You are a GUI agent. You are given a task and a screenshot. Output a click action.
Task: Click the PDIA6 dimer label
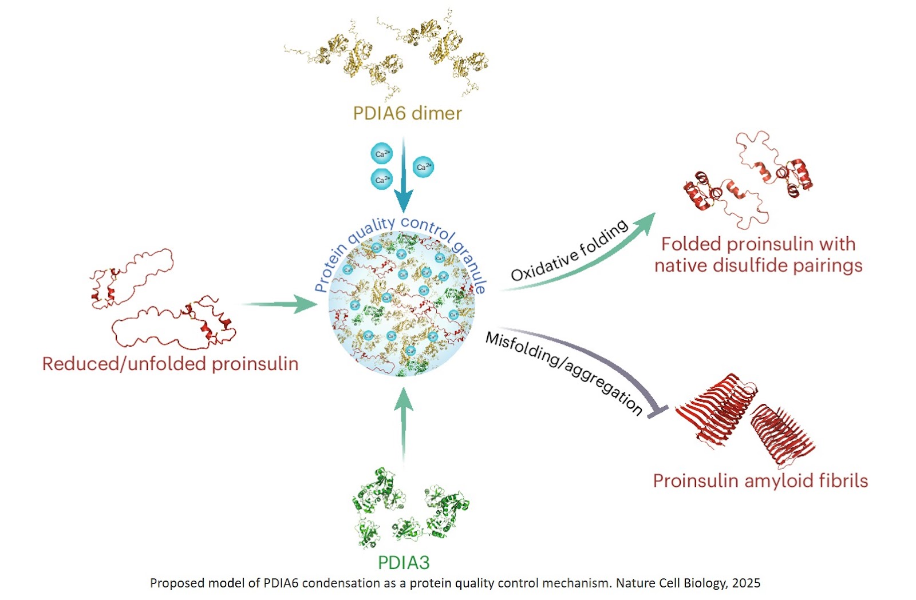click(407, 113)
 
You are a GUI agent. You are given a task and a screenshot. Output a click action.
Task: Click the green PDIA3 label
click(404, 562)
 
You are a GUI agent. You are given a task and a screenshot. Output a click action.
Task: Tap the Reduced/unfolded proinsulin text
click(170, 364)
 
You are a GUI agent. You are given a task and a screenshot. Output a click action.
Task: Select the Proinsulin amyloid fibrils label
click(760, 480)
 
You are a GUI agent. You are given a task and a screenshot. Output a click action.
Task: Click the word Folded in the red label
click(690, 244)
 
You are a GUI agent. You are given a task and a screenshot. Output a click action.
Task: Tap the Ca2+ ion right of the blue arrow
click(423, 166)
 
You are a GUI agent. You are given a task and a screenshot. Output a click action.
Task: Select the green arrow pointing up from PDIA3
click(404, 423)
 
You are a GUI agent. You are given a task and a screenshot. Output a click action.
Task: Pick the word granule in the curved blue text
click(471, 265)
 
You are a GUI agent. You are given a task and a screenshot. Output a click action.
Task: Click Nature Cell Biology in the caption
click(670, 583)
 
